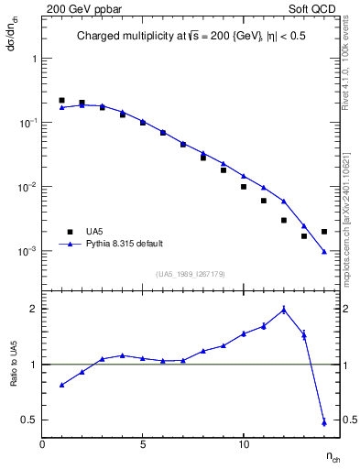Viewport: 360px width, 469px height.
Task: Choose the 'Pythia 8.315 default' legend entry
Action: (125, 244)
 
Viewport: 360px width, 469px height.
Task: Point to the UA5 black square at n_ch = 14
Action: (324, 232)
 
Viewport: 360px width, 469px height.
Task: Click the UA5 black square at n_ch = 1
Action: (61, 100)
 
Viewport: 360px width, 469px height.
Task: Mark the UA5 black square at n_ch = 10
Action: (244, 187)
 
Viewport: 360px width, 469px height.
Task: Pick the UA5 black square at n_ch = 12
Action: (284, 220)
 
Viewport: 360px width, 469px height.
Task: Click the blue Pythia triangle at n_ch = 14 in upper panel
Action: (324, 251)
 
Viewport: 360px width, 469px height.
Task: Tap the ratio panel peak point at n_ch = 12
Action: (284, 310)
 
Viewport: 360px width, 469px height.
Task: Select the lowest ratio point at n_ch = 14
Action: (324, 422)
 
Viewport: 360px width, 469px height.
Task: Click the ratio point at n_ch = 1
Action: (61, 385)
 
